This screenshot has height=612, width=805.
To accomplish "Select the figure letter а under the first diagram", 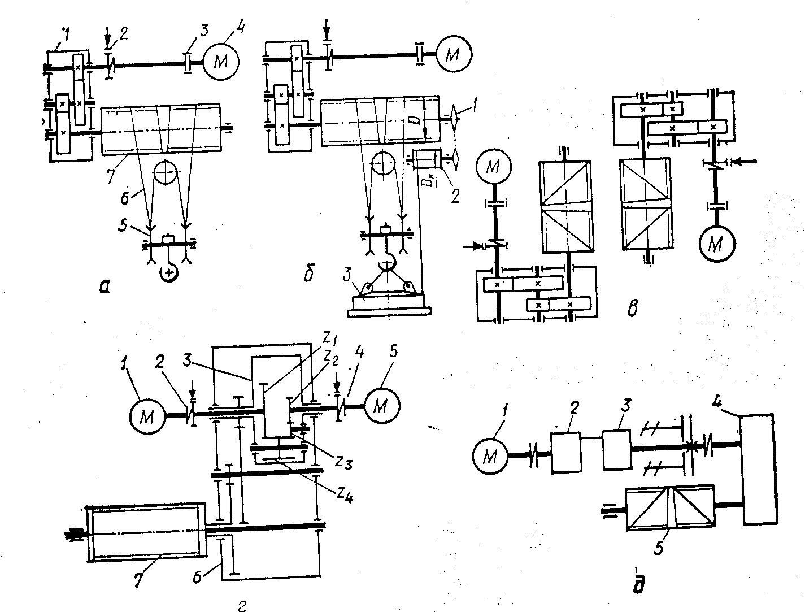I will pyautogui.click(x=105, y=287).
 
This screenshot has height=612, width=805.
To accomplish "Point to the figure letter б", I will pyautogui.click(x=308, y=275).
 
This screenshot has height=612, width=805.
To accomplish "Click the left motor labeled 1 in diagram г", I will pyautogui.click(x=147, y=416).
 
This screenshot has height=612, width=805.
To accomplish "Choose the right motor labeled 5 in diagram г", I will pyautogui.click(x=382, y=405).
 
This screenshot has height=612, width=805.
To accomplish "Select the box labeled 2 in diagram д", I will pyautogui.click(x=565, y=452).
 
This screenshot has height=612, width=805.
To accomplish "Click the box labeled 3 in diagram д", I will pyautogui.click(x=617, y=449).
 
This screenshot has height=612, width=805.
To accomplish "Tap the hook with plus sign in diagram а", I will pyautogui.click(x=169, y=272).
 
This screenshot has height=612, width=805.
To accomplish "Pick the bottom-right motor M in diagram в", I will pyautogui.click(x=716, y=243).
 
